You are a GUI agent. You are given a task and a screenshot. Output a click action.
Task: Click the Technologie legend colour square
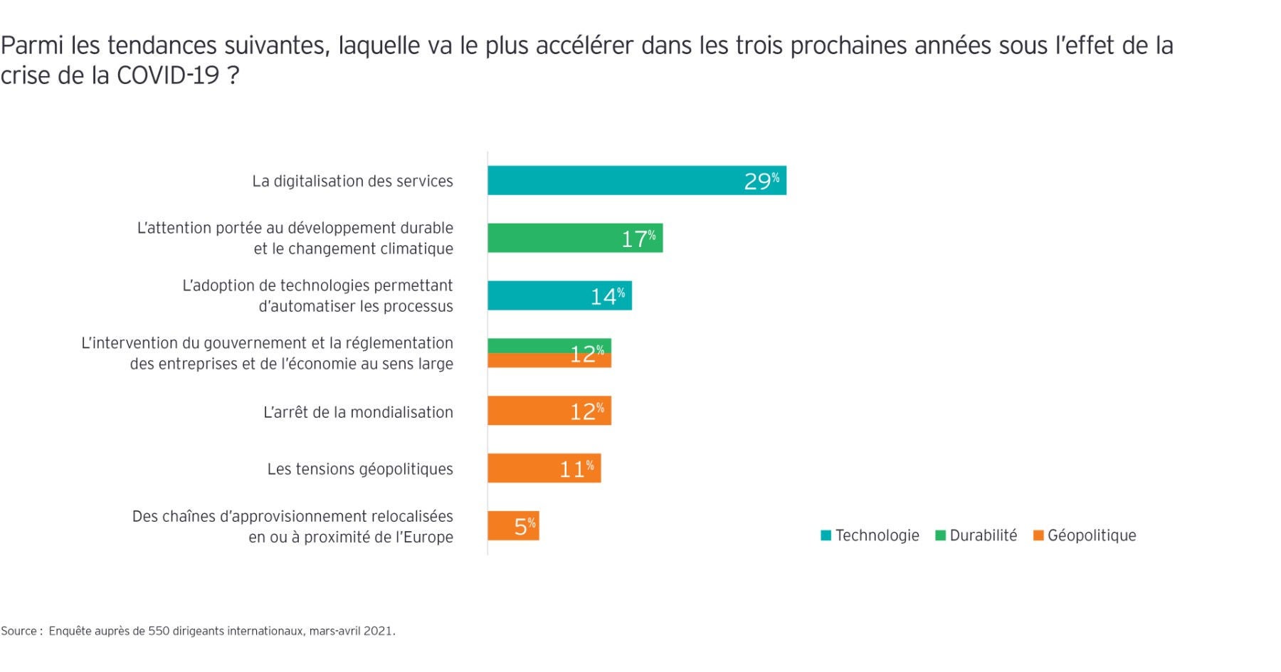coord(826,535)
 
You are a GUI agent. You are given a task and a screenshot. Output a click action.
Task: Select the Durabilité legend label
coord(983,535)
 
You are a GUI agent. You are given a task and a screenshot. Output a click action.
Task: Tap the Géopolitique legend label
coord(1091,535)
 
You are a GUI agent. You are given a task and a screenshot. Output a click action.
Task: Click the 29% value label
coord(761,182)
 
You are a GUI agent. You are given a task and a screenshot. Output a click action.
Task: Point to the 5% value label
coord(524,527)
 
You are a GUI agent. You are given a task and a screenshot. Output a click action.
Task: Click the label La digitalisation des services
coord(352,182)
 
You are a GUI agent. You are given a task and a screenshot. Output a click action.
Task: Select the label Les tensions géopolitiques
coord(360,469)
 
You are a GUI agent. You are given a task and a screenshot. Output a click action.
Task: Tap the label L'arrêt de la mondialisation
coord(358,412)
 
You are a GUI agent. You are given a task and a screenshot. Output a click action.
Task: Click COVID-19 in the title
coord(168,75)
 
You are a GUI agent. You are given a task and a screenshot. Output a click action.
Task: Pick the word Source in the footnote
coord(19,631)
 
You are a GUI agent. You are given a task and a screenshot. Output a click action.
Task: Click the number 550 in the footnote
coord(159,631)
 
